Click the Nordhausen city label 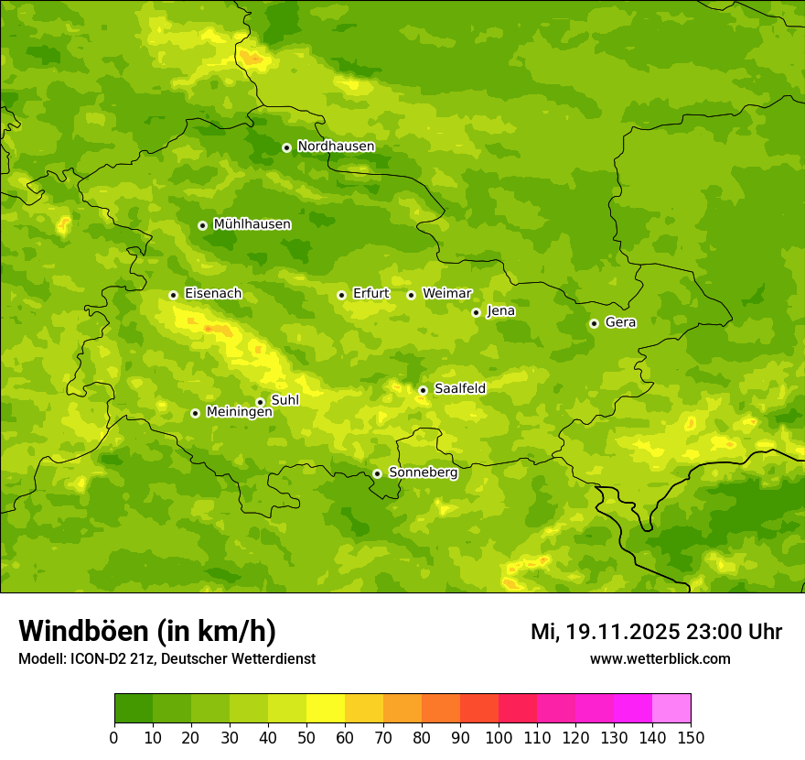point(336,147)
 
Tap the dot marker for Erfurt point(341,295)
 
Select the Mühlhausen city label point(252,224)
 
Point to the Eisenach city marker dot point(173,295)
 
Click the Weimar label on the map point(446,294)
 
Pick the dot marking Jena point(476,312)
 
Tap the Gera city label point(620,322)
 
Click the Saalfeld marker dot point(423,390)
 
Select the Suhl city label point(284,400)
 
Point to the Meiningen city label point(239,413)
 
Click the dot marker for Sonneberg point(377,473)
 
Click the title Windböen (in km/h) point(146,632)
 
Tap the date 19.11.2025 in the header point(622,632)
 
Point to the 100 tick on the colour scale point(499,737)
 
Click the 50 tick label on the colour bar point(306,737)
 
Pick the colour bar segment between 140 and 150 point(671,709)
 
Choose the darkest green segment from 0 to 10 point(134,709)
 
